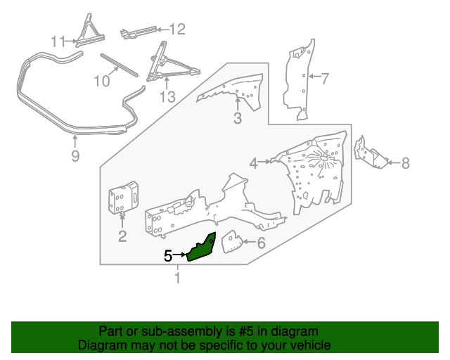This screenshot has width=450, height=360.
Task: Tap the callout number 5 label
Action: pyautogui.click(x=168, y=256)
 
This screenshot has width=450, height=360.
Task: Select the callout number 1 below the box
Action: pyautogui.click(x=176, y=279)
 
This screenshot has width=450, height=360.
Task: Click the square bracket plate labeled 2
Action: pyautogui.click(x=122, y=199)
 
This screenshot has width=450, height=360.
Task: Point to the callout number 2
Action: pyautogui.click(x=122, y=236)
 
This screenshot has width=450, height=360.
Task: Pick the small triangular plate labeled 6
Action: pyautogui.click(x=231, y=243)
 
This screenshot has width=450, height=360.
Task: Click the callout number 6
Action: pyautogui.click(x=261, y=244)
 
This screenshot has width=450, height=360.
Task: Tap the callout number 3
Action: pyautogui.click(x=238, y=119)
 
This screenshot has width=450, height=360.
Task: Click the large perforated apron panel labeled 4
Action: pyautogui.click(x=316, y=172)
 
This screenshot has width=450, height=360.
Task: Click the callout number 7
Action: pyautogui.click(x=324, y=78)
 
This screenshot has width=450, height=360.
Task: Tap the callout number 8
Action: pyautogui.click(x=405, y=163)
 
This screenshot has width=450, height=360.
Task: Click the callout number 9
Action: pyautogui.click(x=76, y=155)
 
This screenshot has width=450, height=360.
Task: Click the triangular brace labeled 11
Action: pyautogui.click(x=89, y=32)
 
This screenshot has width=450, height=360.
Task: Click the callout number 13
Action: pyautogui.click(x=167, y=96)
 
